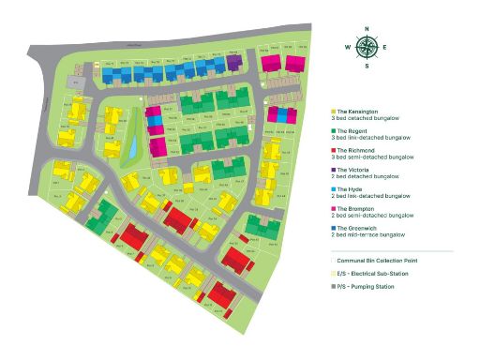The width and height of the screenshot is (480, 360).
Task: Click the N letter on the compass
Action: [x=367, y=28]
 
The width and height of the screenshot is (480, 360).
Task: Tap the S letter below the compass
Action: [x=367, y=67]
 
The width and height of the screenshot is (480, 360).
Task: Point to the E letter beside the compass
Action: [x=385, y=47]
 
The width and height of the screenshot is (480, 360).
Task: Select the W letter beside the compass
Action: [x=348, y=47]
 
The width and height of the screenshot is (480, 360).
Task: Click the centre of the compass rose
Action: [x=367, y=47]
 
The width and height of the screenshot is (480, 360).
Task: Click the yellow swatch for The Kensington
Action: [x=334, y=112]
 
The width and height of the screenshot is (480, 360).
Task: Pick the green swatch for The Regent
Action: [x=334, y=130]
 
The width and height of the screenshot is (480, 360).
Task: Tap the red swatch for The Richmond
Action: [x=334, y=150]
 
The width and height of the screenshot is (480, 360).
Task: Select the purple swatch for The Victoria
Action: [x=334, y=169]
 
